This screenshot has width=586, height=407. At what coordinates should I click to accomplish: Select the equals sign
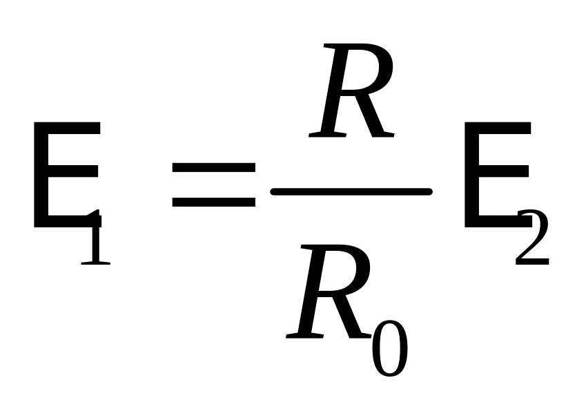pos(213,184)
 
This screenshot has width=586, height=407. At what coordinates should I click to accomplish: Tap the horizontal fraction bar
pos(351,191)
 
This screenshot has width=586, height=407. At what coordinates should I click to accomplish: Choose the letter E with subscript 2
pos(494,176)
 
